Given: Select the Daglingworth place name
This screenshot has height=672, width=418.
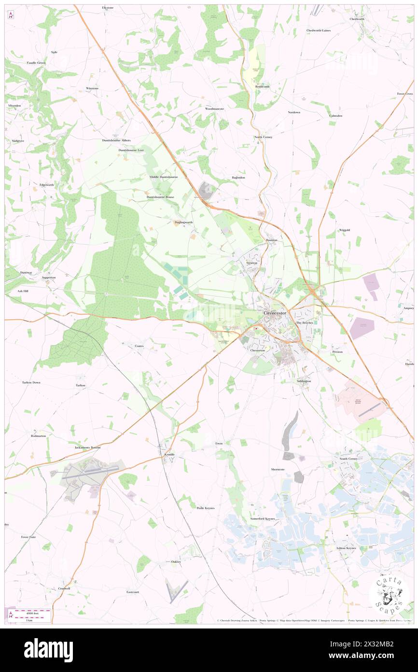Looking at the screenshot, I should point(183,222).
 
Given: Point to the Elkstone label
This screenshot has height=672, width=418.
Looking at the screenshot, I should point(108,8).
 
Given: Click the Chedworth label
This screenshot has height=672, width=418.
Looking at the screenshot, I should point(357,19).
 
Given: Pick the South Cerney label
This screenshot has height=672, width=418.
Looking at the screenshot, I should point(349,458).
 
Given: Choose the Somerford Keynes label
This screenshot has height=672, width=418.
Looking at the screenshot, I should point(263,518).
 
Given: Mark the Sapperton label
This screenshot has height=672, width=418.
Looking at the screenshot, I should point(49,278).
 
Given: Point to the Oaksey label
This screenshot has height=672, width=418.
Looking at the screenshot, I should point(176,561).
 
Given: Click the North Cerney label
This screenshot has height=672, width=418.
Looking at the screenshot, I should point(264,137).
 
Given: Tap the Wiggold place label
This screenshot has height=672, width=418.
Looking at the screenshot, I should point(344,230).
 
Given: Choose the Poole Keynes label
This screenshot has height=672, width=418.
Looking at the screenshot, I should point(206,508).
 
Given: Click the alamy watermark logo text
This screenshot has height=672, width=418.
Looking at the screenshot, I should point(48,650).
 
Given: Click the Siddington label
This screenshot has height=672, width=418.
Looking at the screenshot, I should point(304,381).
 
